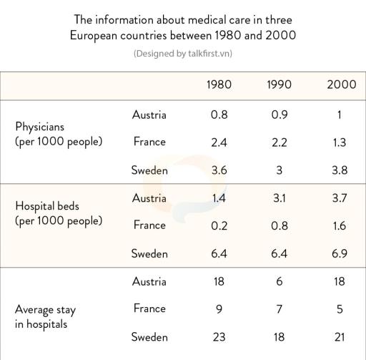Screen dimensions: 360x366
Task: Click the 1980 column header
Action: coord(218,85)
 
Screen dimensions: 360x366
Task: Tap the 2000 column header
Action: coord(340,85)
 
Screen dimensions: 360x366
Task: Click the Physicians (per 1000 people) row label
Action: coord(59,134)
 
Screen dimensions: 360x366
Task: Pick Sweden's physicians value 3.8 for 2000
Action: coord(340,170)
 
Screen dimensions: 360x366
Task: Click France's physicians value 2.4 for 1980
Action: coord(218,142)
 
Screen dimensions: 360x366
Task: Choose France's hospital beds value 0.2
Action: coord(218,226)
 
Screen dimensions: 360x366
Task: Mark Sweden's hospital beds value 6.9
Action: coord(340,254)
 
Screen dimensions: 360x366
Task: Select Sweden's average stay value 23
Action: coord(218,337)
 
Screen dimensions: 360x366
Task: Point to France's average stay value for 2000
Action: coord(340,309)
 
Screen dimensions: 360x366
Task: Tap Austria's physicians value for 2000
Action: coord(340,115)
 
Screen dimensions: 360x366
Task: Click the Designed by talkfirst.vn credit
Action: coord(182,54)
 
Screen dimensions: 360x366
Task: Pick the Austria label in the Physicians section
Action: coord(149,115)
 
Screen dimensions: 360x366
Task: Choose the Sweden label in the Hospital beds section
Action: coord(149,253)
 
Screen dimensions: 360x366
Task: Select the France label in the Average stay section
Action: coord(149,308)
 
